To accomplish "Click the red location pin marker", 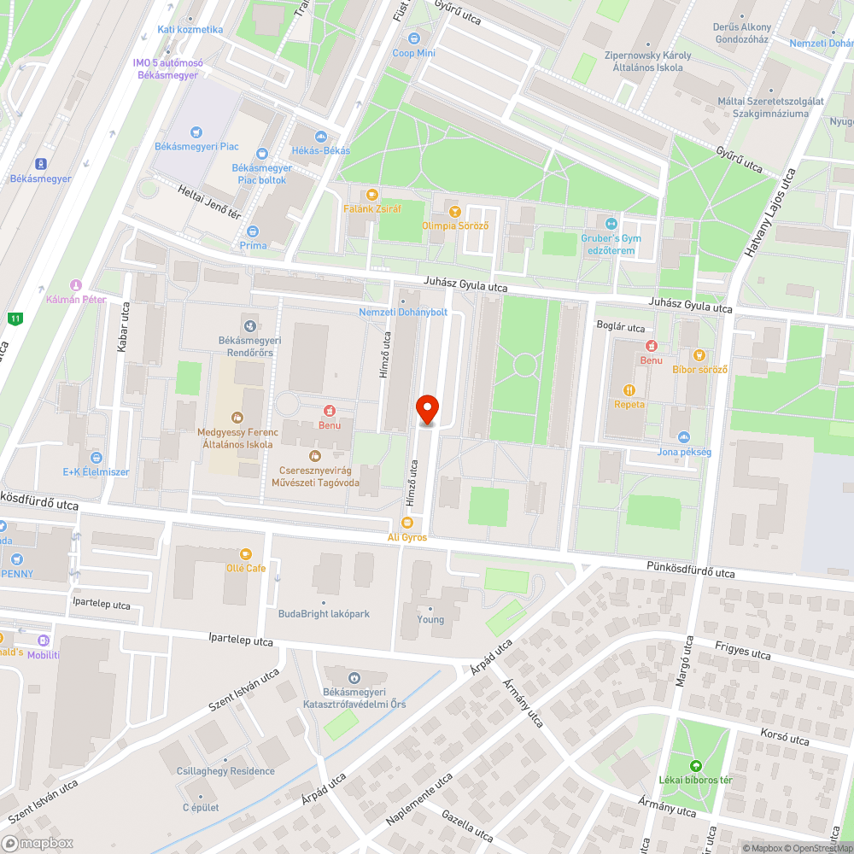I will [x=427, y=409].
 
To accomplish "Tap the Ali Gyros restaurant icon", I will [x=407, y=523].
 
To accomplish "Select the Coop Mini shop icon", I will [x=414, y=38].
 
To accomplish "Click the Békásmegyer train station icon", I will [x=40, y=164].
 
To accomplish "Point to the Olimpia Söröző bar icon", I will [x=455, y=211].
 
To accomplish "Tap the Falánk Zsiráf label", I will [x=371, y=208].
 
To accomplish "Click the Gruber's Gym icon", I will [x=611, y=224].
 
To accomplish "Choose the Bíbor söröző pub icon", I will [x=699, y=354].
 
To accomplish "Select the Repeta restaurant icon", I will [x=629, y=389].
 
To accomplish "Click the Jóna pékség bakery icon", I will [x=684, y=437].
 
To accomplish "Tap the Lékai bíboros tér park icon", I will [x=695, y=765].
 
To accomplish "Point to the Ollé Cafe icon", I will [x=246, y=554].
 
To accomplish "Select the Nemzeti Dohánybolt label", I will [x=403, y=312].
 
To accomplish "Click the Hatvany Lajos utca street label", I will [x=769, y=213].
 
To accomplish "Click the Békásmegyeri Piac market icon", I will [x=196, y=132].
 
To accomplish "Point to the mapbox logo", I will [x=38, y=843].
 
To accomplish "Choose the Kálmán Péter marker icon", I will [x=76, y=285].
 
